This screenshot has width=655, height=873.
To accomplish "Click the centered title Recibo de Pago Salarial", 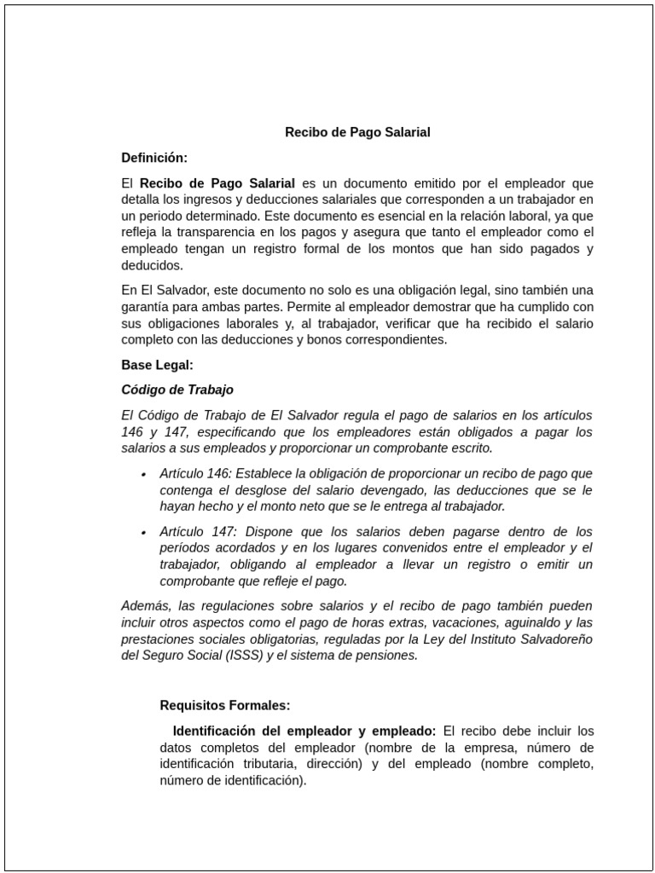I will tap(357, 132).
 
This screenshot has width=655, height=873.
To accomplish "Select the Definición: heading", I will tap(154, 158).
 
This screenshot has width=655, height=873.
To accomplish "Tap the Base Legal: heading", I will tap(158, 365).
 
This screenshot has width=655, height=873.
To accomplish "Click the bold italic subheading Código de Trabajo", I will tap(177, 390).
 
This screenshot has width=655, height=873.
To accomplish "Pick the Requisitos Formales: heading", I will tap(225, 705).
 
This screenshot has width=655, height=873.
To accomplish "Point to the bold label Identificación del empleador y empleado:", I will tap(304, 731).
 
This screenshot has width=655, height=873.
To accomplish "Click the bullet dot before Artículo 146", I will tap(143, 474).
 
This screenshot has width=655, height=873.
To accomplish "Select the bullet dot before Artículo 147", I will tap(143, 532).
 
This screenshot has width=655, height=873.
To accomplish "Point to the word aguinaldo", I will tap(520, 622).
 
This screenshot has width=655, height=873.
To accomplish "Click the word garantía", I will tap(147, 307).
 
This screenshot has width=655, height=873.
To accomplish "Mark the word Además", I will tap(146, 606).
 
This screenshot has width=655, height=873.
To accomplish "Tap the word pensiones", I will tap(391, 655).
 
